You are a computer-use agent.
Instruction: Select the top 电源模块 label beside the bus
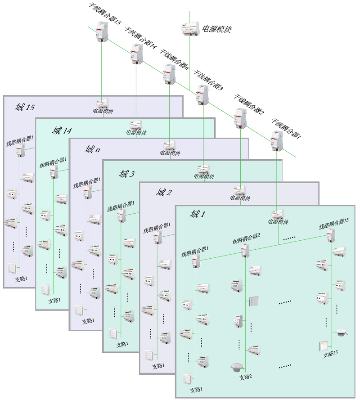216,29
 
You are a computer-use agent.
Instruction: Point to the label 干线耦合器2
248,103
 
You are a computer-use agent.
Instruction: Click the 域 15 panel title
24,108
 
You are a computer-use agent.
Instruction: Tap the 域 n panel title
92,149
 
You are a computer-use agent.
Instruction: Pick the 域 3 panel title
126,173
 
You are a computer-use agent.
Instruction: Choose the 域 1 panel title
198,214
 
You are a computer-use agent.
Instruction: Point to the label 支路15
330,355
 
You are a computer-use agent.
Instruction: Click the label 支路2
245,377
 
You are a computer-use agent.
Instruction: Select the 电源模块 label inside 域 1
278,221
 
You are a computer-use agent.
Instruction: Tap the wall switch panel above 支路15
323,346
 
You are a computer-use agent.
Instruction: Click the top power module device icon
190,28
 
